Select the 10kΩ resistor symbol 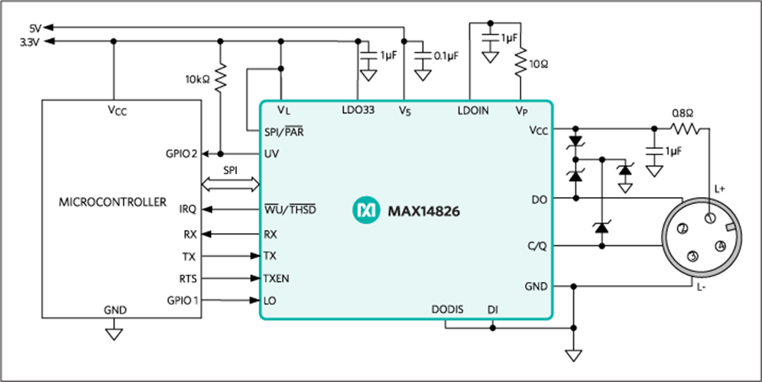(220, 77)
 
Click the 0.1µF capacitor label (446, 57)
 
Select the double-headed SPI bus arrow (230, 183)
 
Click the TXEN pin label (277, 279)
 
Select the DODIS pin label (446, 310)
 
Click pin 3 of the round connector (692, 256)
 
